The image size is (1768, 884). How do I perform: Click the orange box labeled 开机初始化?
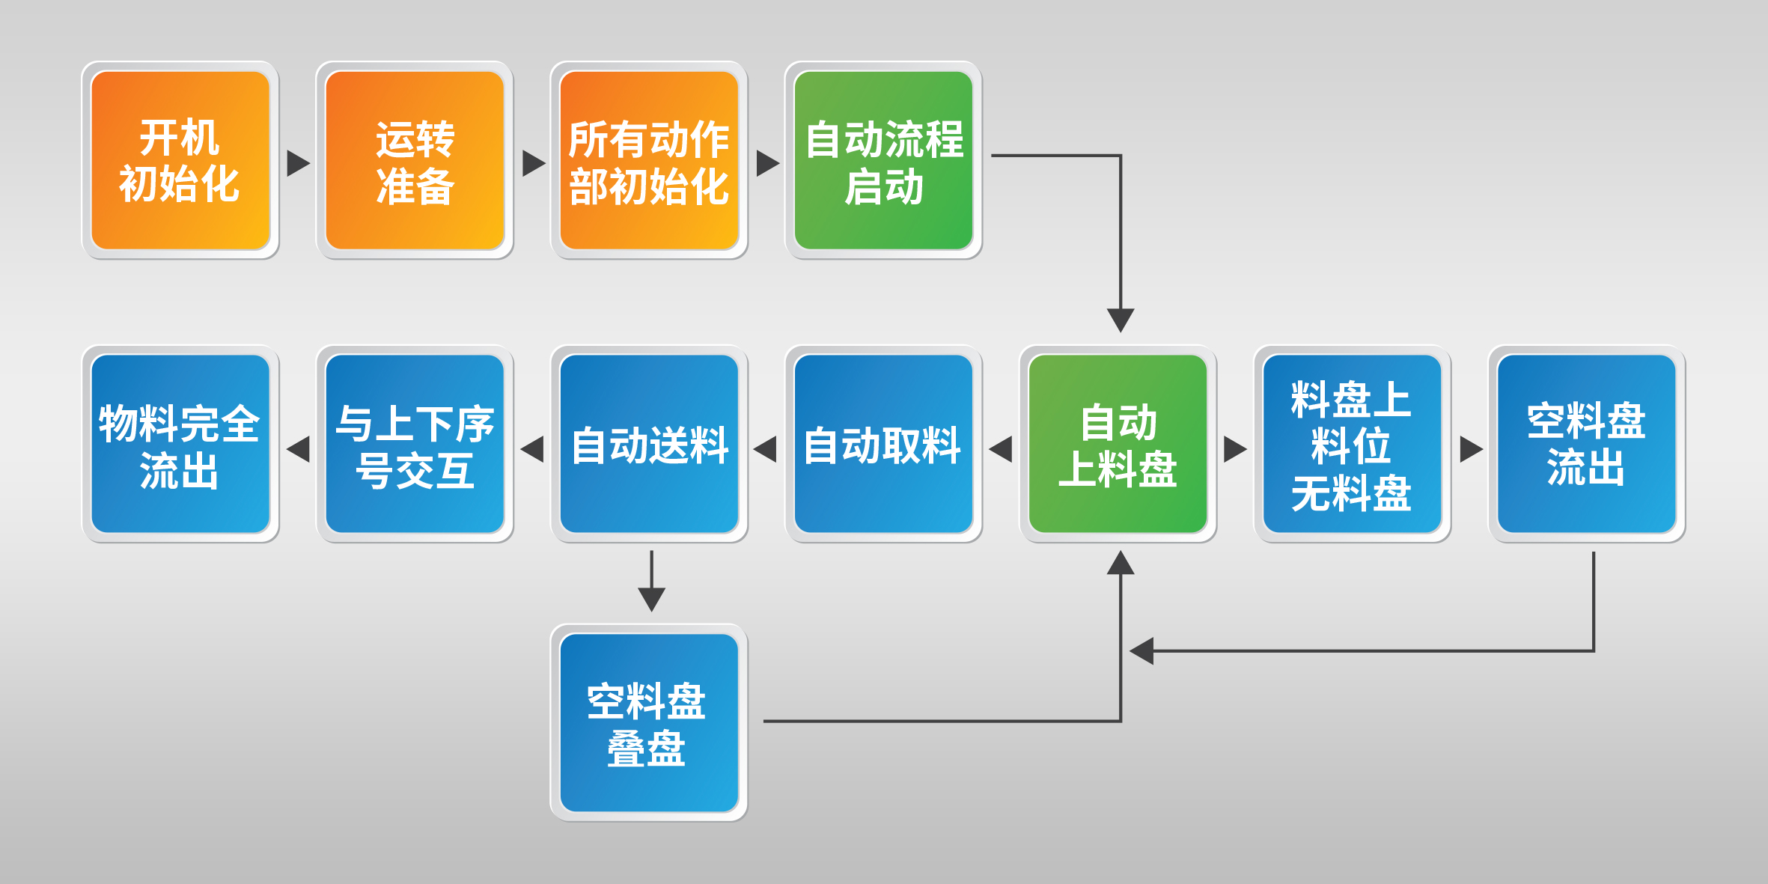pyautogui.click(x=180, y=160)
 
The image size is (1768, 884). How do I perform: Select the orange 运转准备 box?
pyautogui.click(x=415, y=160)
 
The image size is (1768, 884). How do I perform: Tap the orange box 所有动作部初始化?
pyautogui.click(x=649, y=160)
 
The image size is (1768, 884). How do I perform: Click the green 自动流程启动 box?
pyautogui.click(x=883, y=160)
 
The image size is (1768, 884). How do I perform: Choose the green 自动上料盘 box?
pyautogui.click(x=1118, y=444)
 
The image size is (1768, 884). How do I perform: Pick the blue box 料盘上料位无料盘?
pyautogui.click(x=1352, y=444)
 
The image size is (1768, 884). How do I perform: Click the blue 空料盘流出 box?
pyautogui.click(x=1586, y=444)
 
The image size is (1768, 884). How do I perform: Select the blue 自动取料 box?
pyautogui.click(x=883, y=444)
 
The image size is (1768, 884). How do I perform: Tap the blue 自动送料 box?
pyautogui.click(x=649, y=444)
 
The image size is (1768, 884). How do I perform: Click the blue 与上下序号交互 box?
pyautogui.click(x=415, y=444)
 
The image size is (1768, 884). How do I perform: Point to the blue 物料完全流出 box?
pyautogui.click(x=180, y=444)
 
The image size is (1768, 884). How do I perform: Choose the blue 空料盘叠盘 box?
pyautogui.click(x=649, y=723)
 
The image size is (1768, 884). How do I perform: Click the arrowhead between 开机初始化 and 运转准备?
pyautogui.click(x=298, y=163)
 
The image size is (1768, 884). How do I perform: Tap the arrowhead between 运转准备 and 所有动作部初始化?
pyautogui.click(x=533, y=163)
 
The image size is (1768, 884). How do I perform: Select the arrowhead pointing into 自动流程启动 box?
pyautogui.click(x=767, y=163)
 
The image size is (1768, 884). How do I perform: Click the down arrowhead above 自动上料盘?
pyautogui.click(x=1121, y=320)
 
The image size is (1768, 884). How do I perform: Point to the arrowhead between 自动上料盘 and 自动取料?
pyautogui.click(x=1001, y=449)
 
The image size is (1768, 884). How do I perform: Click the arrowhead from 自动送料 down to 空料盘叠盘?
pyautogui.click(x=652, y=599)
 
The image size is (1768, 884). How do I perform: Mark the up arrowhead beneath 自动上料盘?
pyautogui.click(x=1121, y=562)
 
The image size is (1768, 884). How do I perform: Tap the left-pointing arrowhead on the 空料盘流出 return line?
pyautogui.click(x=1141, y=650)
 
